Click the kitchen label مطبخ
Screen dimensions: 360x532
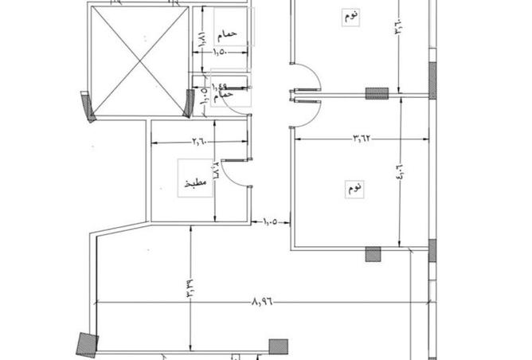point(195,182)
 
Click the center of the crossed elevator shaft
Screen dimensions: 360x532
point(140,60)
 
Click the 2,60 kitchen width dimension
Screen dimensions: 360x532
point(198,143)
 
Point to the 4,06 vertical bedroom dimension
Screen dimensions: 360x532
point(399,172)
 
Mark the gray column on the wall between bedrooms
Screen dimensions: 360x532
point(377,93)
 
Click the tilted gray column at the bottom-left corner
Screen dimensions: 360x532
point(87,344)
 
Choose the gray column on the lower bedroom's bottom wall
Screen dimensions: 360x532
point(373,254)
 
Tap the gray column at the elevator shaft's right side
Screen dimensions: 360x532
point(190,103)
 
